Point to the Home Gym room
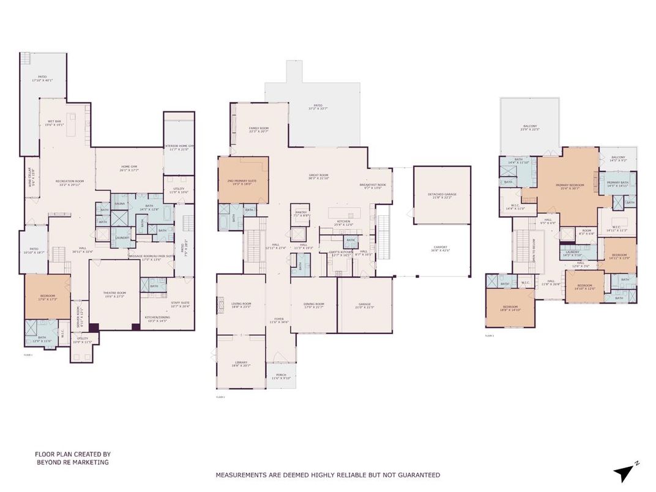coord(129,168)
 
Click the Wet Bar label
coord(56,123)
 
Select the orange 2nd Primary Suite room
coord(244,181)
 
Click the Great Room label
coord(318,177)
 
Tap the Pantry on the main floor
coord(300,214)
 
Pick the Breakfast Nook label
coord(373,186)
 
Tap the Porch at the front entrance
coord(280,377)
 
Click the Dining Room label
coord(313,305)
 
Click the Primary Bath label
coord(617,184)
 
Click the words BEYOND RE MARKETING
coord(72,463)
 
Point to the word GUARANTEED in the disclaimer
coord(418,475)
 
